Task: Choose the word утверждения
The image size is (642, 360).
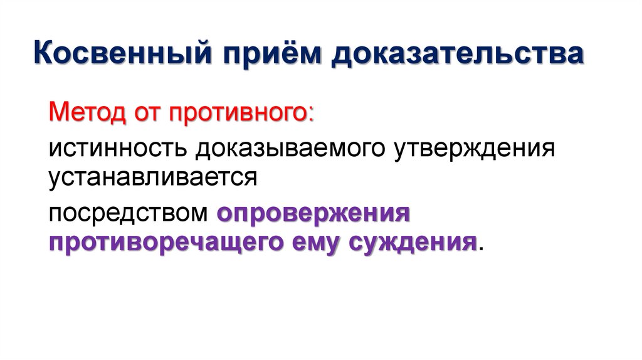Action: (x=475, y=149)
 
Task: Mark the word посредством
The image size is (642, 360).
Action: (x=129, y=213)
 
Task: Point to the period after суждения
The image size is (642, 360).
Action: (x=481, y=249)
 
